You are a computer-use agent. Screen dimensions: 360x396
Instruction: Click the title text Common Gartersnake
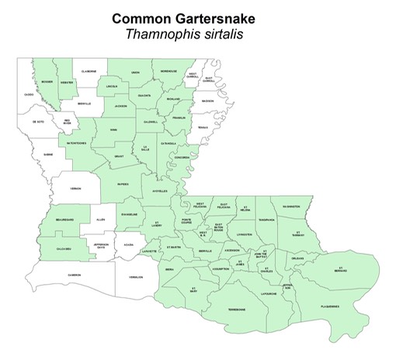(x=197, y=17)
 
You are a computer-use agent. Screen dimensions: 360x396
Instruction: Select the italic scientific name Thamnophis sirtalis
(x=197, y=33)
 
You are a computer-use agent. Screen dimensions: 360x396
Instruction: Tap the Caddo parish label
(x=29, y=95)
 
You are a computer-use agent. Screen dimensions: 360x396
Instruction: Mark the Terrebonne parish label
(x=237, y=310)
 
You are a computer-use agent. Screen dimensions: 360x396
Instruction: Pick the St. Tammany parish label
(x=297, y=233)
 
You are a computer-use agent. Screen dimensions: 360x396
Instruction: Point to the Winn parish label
(x=114, y=130)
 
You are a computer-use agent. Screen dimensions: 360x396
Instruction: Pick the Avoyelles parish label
(x=160, y=191)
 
